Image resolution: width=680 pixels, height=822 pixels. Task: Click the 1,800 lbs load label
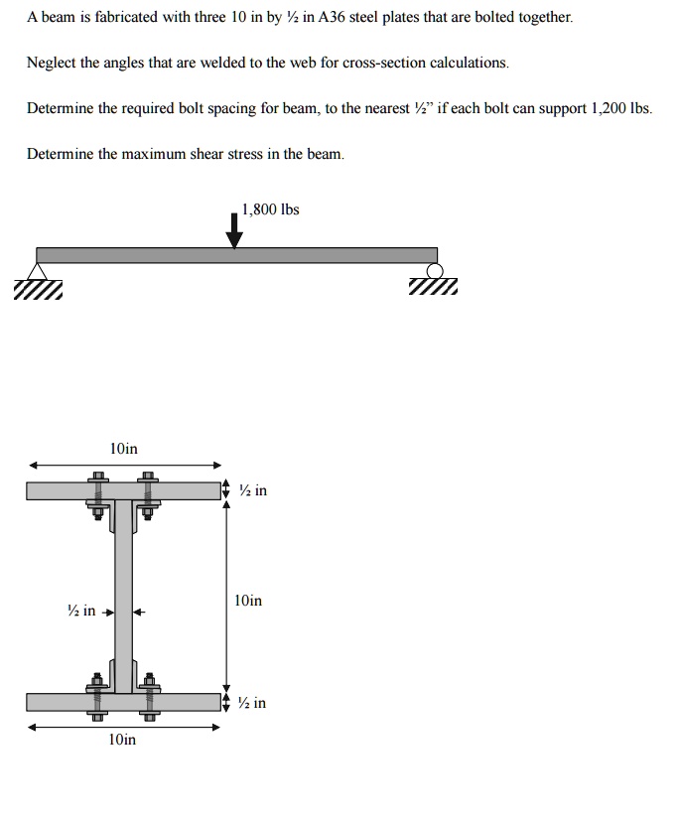pyautogui.click(x=271, y=209)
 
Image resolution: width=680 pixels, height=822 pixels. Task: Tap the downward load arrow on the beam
pyautogui.click(x=234, y=231)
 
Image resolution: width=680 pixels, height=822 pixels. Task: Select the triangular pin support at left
pyautogui.click(x=39, y=272)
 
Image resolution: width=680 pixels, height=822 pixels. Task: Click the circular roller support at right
pyautogui.click(x=434, y=271)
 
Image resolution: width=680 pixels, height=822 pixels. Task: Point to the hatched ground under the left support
pyautogui.click(x=38, y=289)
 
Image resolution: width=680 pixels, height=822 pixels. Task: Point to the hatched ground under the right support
pyautogui.click(x=434, y=289)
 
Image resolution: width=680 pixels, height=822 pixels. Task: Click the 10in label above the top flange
pyautogui.click(x=123, y=450)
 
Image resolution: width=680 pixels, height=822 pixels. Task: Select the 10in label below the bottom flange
pyautogui.click(x=123, y=740)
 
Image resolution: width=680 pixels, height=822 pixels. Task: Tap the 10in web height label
pyautogui.click(x=248, y=601)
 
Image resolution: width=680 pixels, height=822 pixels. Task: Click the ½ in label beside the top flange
pyautogui.click(x=253, y=490)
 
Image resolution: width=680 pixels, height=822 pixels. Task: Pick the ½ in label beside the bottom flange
pyautogui.click(x=253, y=703)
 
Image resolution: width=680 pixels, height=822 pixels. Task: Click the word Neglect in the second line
pyautogui.click(x=50, y=63)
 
